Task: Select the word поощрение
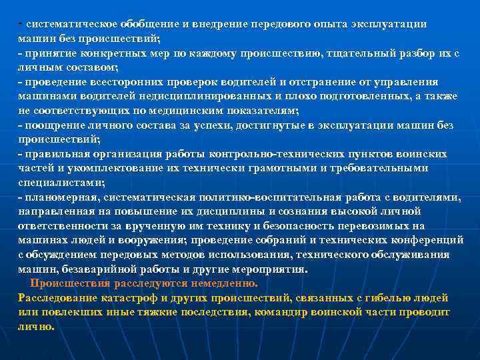pos(53,125)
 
